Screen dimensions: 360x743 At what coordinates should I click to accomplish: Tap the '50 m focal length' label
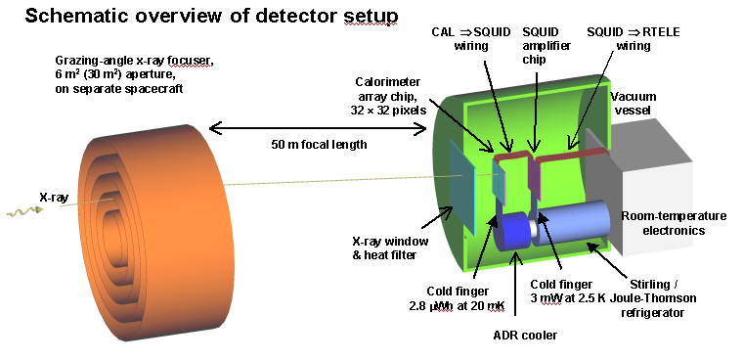coord(322,145)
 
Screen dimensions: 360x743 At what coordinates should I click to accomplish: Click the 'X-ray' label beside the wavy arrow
coord(53,197)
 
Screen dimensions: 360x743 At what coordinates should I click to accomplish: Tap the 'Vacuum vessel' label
coord(634,105)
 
